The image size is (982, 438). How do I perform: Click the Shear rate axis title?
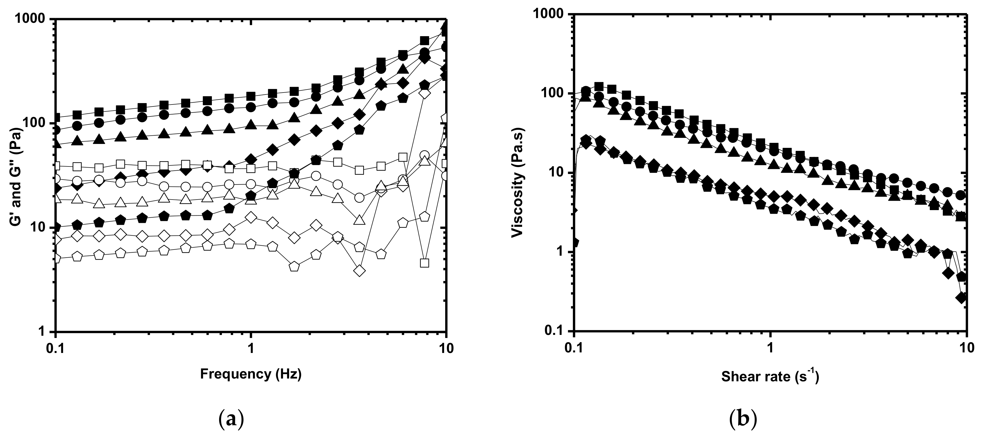(770, 377)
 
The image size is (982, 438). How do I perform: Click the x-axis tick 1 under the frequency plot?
(251, 350)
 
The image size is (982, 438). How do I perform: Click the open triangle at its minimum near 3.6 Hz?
(359, 220)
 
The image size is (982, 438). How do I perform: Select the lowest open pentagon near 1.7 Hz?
(294, 266)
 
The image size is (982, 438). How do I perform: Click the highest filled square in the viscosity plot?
(599, 87)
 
